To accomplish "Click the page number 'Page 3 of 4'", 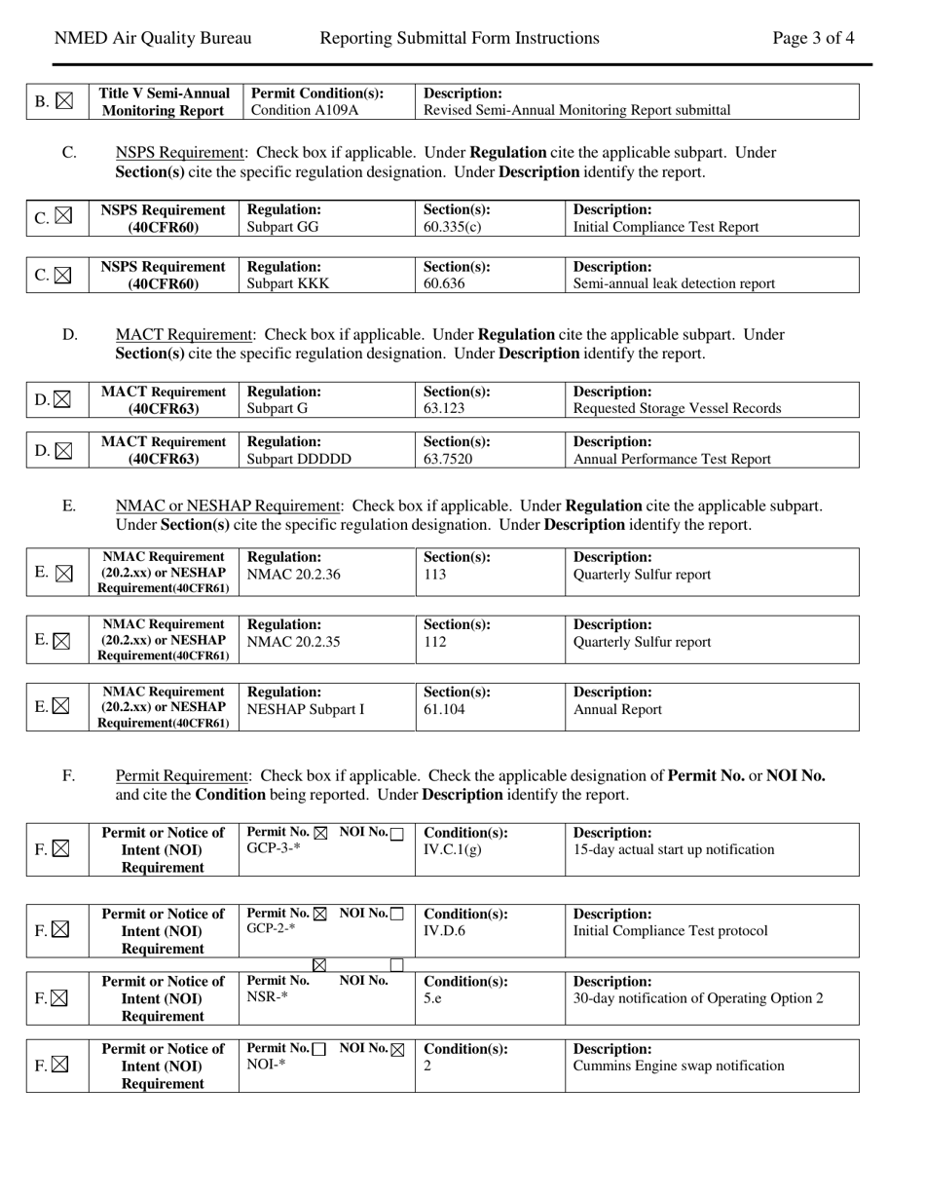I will [x=813, y=39].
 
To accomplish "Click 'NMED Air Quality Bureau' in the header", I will [x=153, y=39].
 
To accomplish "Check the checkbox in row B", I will [x=64, y=101].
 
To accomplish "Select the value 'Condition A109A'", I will [x=305, y=110].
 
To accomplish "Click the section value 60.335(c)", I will [x=453, y=227].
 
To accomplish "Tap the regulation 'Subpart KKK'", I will [x=287, y=283].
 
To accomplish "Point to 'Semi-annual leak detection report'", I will [x=674, y=283].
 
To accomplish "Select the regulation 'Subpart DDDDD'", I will [x=299, y=459].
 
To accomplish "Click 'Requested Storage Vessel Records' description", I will [x=677, y=408].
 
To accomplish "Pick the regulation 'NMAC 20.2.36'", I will [x=294, y=575].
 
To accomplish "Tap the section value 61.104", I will [x=444, y=710].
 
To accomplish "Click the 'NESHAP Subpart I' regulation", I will [x=306, y=710].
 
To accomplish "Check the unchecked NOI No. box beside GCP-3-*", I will [x=396, y=834].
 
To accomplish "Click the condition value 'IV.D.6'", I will [x=445, y=931].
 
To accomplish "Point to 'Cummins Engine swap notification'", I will [x=679, y=1066].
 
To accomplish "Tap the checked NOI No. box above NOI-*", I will [x=396, y=1050].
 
